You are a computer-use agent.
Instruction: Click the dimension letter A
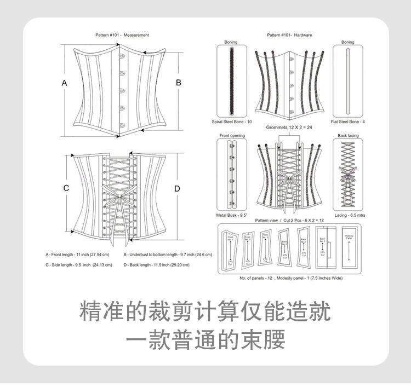point(64,83)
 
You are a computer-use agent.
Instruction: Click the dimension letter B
point(178,83)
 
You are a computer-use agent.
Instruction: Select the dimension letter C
point(66,188)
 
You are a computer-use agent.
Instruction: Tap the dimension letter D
point(177,188)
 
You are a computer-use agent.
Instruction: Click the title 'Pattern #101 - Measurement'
point(122,35)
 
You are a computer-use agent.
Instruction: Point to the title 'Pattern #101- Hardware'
point(289,35)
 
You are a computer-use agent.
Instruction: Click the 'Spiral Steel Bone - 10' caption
point(232,122)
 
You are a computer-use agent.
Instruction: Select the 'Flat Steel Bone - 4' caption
point(348,122)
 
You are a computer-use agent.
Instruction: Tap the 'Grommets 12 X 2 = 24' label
point(289,128)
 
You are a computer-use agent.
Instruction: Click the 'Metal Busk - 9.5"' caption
point(231,215)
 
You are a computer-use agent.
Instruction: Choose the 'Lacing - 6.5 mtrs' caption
point(350,215)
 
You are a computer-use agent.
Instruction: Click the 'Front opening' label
point(231,135)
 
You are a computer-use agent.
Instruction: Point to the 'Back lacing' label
point(348,135)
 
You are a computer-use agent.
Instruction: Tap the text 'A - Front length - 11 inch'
point(77,255)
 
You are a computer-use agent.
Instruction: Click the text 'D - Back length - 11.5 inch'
point(157,265)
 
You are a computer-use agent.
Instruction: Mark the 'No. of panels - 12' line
point(291,279)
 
